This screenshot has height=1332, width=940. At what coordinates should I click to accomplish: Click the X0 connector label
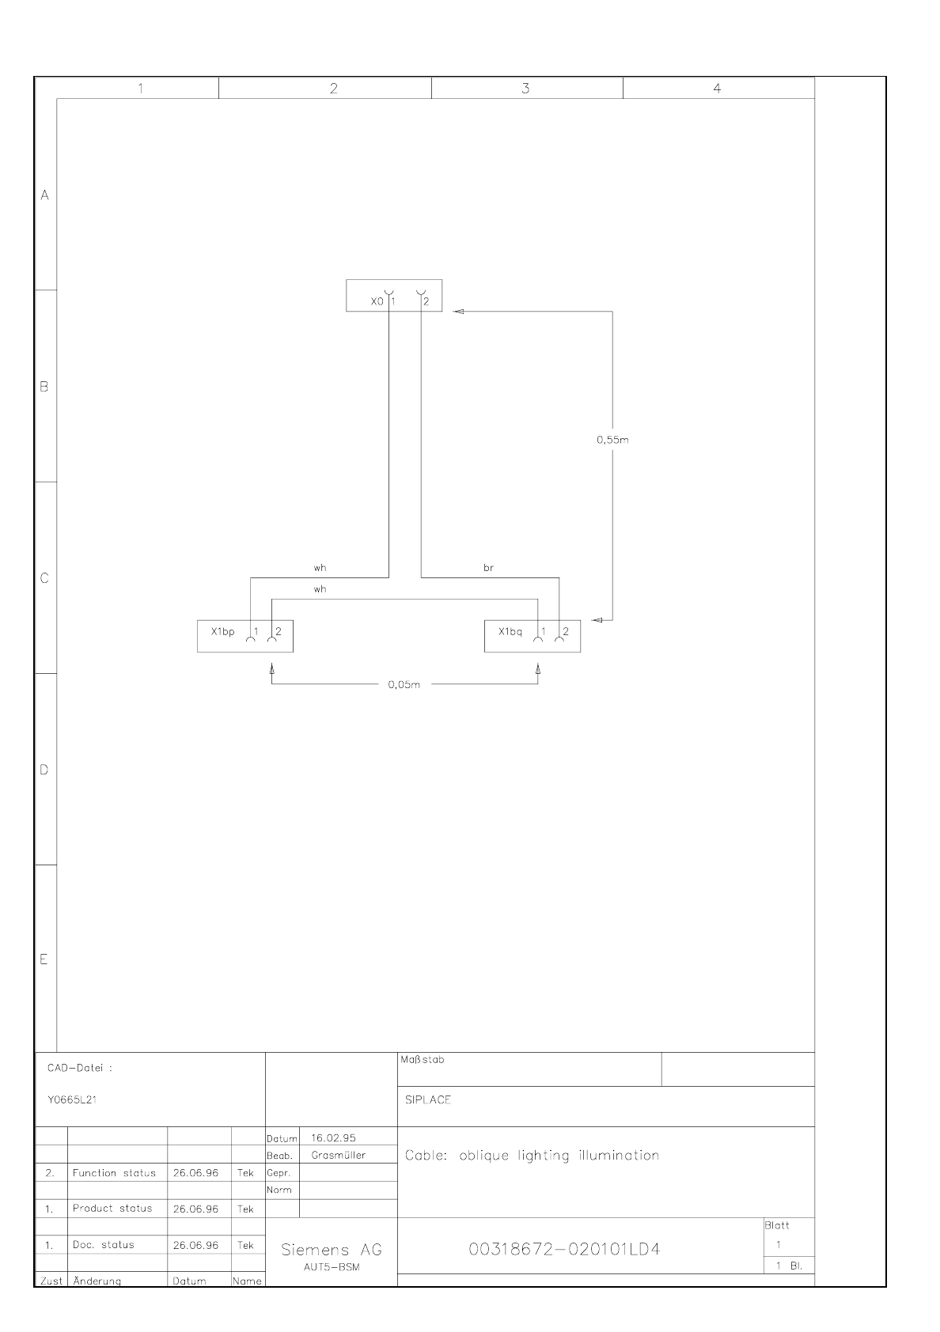click(377, 301)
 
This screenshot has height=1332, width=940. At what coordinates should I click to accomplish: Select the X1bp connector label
click(223, 631)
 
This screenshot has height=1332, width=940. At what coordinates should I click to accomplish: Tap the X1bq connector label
click(510, 631)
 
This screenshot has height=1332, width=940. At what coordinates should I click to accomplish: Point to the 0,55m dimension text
click(612, 440)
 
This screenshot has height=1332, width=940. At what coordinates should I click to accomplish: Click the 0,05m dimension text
click(404, 685)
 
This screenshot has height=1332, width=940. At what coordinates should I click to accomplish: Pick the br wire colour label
click(488, 568)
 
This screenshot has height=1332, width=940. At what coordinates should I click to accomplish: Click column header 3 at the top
click(525, 89)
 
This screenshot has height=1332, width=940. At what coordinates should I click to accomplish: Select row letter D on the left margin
click(44, 770)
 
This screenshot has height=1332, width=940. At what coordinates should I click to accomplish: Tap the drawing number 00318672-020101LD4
click(564, 1250)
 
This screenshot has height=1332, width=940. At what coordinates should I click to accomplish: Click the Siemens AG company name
click(332, 1250)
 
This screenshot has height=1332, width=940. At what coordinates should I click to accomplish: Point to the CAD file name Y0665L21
click(72, 1100)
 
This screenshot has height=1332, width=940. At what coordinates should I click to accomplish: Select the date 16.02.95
click(333, 1138)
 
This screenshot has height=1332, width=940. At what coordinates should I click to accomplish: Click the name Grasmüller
click(339, 1156)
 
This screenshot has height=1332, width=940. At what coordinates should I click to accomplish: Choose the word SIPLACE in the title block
click(428, 1100)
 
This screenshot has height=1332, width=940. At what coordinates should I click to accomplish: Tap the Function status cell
click(114, 1173)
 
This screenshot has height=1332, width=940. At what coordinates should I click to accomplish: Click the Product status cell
click(112, 1209)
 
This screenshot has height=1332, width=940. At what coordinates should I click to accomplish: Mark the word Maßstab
click(423, 1060)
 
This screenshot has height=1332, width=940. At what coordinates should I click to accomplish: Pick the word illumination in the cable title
click(619, 1156)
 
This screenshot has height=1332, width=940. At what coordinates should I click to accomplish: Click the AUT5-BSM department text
click(332, 1267)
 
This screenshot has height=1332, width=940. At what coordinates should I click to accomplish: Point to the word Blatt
click(777, 1225)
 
